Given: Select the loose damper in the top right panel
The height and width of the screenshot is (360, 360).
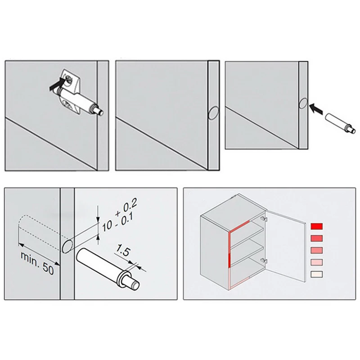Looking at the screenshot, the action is [341, 124].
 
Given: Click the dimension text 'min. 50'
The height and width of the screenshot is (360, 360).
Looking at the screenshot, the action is [37, 263].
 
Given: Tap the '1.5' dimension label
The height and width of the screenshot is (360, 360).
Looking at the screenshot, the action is [122, 251].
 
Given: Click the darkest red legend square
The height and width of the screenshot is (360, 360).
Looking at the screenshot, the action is [317, 226].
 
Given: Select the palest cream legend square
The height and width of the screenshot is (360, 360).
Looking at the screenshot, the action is [317, 274].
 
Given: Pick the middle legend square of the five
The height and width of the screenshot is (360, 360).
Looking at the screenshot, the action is [317, 250].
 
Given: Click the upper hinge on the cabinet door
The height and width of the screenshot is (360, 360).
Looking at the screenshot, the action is [264, 219].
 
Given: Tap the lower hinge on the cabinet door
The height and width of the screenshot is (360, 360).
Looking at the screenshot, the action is [264, 261].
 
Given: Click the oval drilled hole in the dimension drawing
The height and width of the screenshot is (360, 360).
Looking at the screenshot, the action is [67, 246].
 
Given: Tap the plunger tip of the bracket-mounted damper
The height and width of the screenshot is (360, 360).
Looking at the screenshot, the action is [100, 112].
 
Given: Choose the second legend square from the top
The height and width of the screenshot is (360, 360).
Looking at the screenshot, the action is [317, 238].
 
